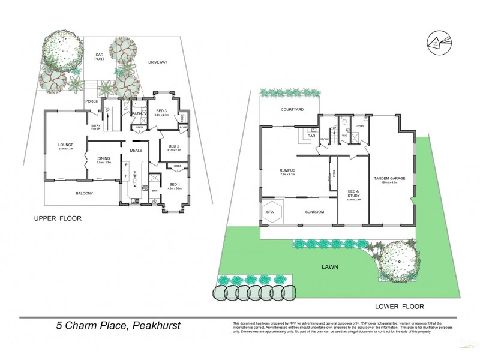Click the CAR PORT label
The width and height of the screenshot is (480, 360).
(x=101, y=56)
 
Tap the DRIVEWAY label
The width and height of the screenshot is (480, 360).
(x=158, y=61)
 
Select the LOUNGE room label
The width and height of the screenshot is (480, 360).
(x=65, y=145)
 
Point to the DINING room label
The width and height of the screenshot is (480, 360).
(x=104, y=158)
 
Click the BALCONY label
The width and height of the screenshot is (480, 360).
(x=84, y=193)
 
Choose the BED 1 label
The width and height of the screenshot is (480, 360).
(x=174, y=184)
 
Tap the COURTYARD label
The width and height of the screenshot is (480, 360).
(x=292, y=110)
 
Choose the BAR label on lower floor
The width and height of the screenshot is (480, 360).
(x=311, y=136)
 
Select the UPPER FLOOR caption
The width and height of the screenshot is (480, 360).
(x=57, y=219)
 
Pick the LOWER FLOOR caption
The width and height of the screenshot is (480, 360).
(x=395, y=305)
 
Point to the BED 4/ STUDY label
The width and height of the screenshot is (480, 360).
(x=353, y=194)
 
